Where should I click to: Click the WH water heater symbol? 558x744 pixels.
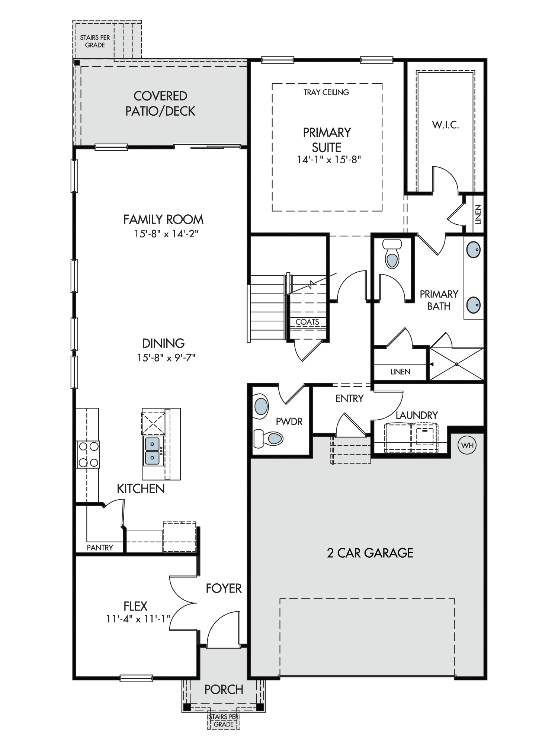(x=467, y=445)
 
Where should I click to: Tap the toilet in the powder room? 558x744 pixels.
(x=269, y=439)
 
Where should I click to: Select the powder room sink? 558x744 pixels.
(x=261, y=407)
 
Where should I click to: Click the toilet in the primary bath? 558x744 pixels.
(x=392, y=254)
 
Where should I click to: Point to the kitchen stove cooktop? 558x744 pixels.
(x=88, y=454)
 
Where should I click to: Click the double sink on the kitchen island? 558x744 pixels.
(x=153, y=451)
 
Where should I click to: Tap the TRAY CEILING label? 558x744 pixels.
(x=326, y=92)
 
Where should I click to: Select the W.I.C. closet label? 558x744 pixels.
(x=445, y=125)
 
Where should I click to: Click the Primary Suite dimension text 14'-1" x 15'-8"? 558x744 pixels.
(x=329, y=160)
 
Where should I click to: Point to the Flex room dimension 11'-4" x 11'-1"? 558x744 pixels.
(x=138, y=619)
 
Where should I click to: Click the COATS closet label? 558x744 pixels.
(x=307, y=322)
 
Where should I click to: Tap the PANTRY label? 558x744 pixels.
(x=100, y=548)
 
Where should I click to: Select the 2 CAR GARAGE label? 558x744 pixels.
(x=370, y=553)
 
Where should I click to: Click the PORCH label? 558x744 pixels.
(x=224, y=689)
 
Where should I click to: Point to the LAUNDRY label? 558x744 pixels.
(x=417, y=415)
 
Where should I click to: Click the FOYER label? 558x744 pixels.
(x=224, y=588)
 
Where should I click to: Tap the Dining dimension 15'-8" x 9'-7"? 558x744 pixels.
(x=166, y=357)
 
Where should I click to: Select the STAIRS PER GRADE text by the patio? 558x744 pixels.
(x=95, y=41)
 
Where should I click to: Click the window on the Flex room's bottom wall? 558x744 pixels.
(x=136, y=678)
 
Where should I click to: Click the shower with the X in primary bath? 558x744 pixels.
(x=457, y=364)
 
